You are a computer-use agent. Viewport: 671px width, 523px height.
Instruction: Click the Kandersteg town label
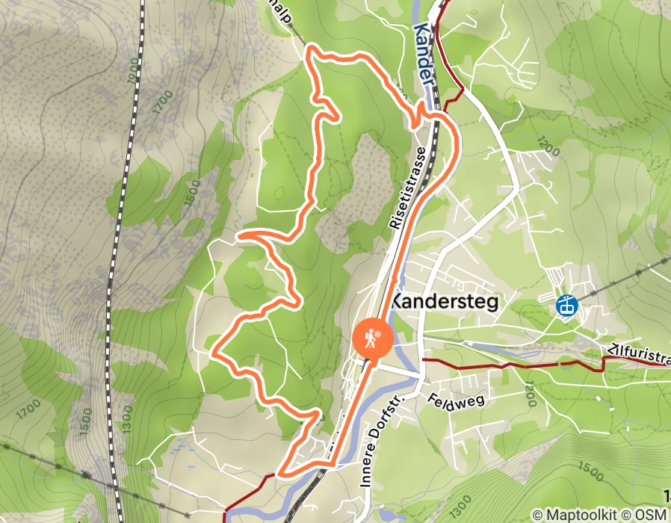click(444, 302)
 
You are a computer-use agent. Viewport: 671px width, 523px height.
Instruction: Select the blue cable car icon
click(567, 306)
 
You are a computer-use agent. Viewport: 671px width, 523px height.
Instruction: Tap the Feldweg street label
click(457, 400)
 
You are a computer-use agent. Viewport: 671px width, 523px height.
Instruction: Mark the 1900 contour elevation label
click(134, 69)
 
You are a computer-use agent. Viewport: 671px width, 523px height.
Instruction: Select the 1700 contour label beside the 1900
click(161, 102)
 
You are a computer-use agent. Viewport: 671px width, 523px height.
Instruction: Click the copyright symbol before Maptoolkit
click(537, 515)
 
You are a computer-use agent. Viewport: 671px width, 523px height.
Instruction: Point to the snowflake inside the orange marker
click(380, 332)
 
